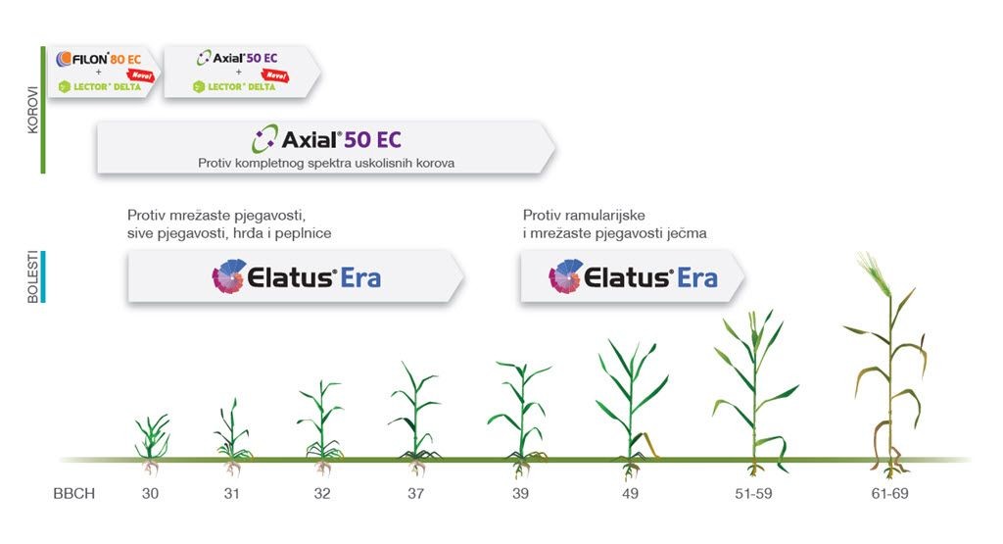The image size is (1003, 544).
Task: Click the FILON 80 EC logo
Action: point(99,59)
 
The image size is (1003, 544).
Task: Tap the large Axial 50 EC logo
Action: point(326,139)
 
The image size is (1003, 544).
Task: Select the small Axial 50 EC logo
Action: point(237,58)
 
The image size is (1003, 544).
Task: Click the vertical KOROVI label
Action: point(32,110)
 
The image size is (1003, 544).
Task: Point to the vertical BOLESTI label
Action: point(32,277)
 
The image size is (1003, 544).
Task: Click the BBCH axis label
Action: point(74,493)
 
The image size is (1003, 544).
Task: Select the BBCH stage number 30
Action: point(150,493)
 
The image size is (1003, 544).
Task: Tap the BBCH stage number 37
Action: point(415,493)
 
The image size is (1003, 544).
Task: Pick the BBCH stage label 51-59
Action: point(753,493)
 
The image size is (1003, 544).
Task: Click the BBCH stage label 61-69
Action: point(889,493)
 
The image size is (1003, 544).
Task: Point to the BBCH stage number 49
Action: point(630,493)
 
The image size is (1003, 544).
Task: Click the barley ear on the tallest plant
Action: point(874,273)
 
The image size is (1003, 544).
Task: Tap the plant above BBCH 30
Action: point(152,443)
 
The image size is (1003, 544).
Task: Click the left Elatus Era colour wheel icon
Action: point(229,276)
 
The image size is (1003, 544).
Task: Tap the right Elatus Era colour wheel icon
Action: point(565,276)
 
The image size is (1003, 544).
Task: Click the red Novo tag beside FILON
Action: point(141,75)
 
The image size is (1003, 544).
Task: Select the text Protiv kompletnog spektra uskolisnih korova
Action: point(326,163)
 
